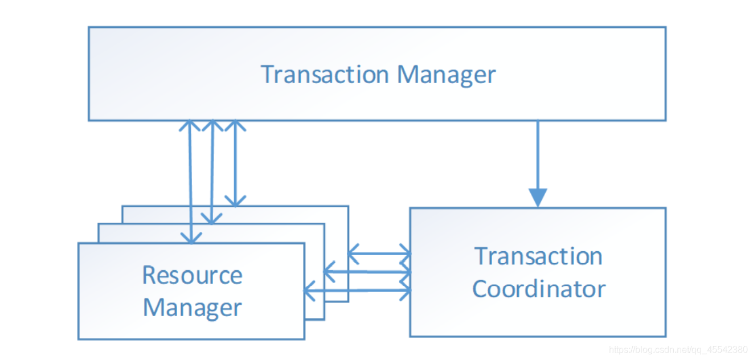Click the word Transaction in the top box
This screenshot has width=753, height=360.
click(325, 74)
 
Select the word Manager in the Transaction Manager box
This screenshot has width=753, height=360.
click(447, 76)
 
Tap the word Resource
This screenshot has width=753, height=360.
click(193, 275)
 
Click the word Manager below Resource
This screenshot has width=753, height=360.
click(193, 308)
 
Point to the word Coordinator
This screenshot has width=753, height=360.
click(539, 289)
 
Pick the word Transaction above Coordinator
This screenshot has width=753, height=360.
click(538, 256)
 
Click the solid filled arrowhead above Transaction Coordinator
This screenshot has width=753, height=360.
click(538, 198)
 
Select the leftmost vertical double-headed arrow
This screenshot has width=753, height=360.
click(190, 182)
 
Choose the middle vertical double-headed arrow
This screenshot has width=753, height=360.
click(212, 172)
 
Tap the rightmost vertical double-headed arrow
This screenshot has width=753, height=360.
click(235, 163)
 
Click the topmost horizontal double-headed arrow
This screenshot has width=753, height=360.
click(379, 254)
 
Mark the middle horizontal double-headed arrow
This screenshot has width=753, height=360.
click(367, 271)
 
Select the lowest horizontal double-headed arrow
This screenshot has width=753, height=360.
click(357, 290)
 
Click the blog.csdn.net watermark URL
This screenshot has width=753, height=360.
click(678, 350)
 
